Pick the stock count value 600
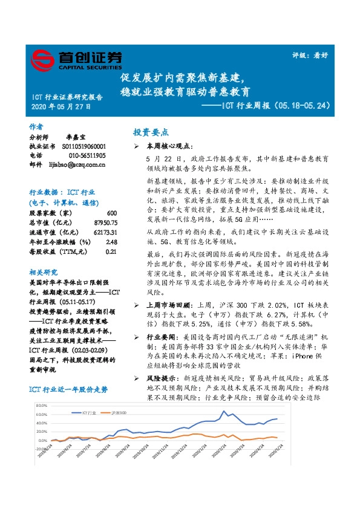pyautogui.click(x=111, y=213)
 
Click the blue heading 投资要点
pyautogui.click(x=151, y=132)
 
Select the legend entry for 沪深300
pyautogui.click(x=119, y=412)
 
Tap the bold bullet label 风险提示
pyautogui.click(x=159, y=377)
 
